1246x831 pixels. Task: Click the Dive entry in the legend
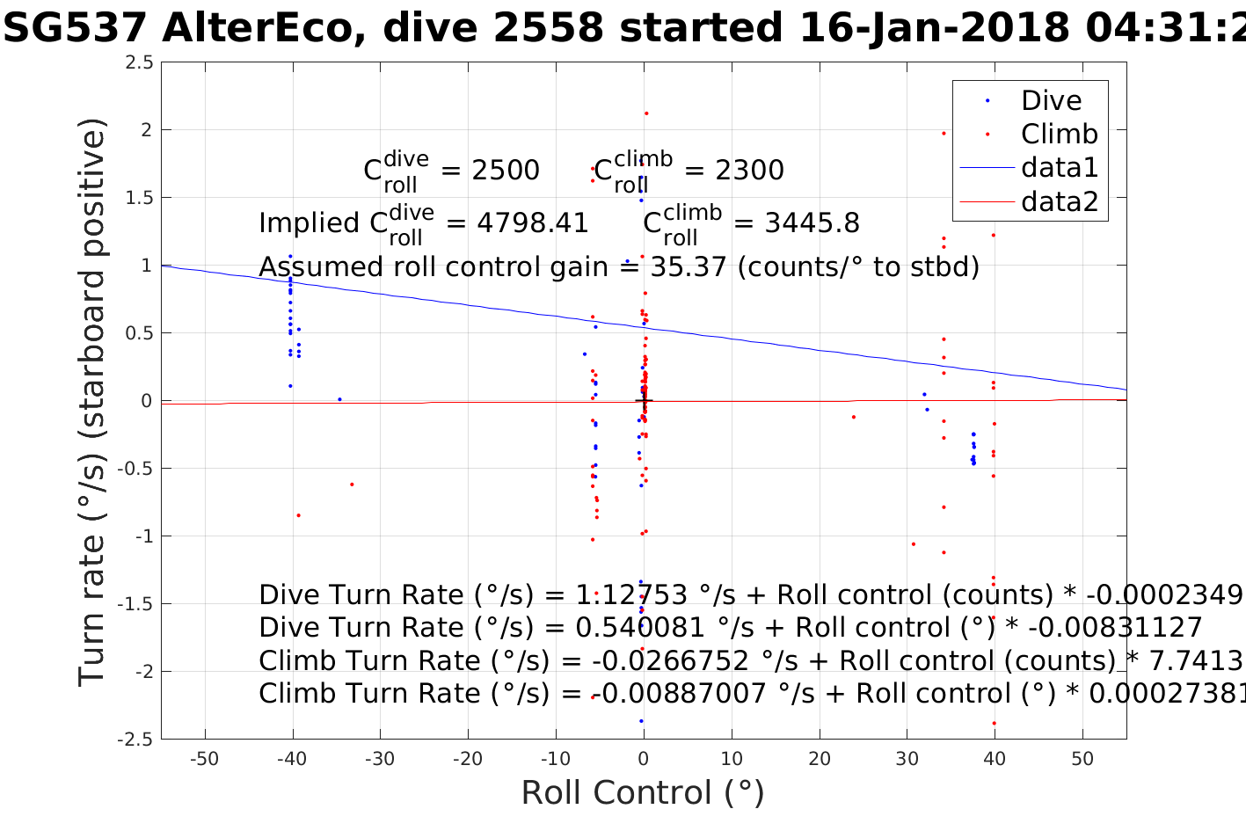pos(1050,100)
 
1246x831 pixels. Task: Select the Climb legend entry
pos(1059,134)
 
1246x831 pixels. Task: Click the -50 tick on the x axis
pos(204,760)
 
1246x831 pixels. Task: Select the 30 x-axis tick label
pos(907,760)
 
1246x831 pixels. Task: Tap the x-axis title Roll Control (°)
pos(643,793)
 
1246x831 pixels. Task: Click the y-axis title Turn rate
pos(93,401)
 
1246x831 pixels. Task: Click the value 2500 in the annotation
pos(506,171)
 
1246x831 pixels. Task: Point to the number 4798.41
pos(532,223)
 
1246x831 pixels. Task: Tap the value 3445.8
pos(812,223)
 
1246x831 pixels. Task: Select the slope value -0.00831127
pos(1115,628)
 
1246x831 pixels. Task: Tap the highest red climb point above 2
pos(646,113)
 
